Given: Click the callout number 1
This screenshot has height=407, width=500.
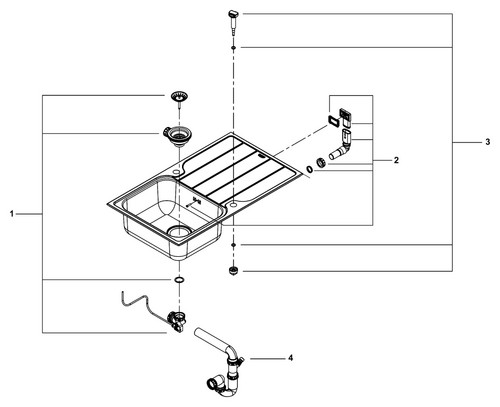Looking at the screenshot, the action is pos(12,214).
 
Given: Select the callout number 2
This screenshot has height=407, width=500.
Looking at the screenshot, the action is pos(396,160).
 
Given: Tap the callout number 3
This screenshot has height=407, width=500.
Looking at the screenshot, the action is pos(488,142).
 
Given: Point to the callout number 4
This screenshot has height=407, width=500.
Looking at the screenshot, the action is pos(291,358).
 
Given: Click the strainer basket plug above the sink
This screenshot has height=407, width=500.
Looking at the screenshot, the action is pos(179,97).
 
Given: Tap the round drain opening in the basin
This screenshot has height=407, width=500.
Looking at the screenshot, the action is pos(179,231).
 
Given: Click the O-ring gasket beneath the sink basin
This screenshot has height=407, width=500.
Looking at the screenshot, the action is pos(179,279).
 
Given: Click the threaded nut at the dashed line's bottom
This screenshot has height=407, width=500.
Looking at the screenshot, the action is pos(233,270).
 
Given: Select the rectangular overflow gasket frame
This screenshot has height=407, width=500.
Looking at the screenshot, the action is pos(333,121).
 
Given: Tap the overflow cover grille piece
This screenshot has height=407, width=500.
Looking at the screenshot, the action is pos(345,117).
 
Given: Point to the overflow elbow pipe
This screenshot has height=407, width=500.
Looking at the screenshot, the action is pos(341,146).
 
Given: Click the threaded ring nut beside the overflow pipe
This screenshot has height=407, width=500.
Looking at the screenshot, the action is pos(321,162).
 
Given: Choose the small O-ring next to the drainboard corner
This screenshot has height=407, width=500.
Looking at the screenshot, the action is pos(310,170).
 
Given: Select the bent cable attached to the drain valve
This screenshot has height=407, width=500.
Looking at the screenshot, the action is pos(144,306).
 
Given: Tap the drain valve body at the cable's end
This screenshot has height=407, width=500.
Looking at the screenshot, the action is pos(177,321).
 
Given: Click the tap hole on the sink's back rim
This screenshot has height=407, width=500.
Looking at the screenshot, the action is pos(176,172).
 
